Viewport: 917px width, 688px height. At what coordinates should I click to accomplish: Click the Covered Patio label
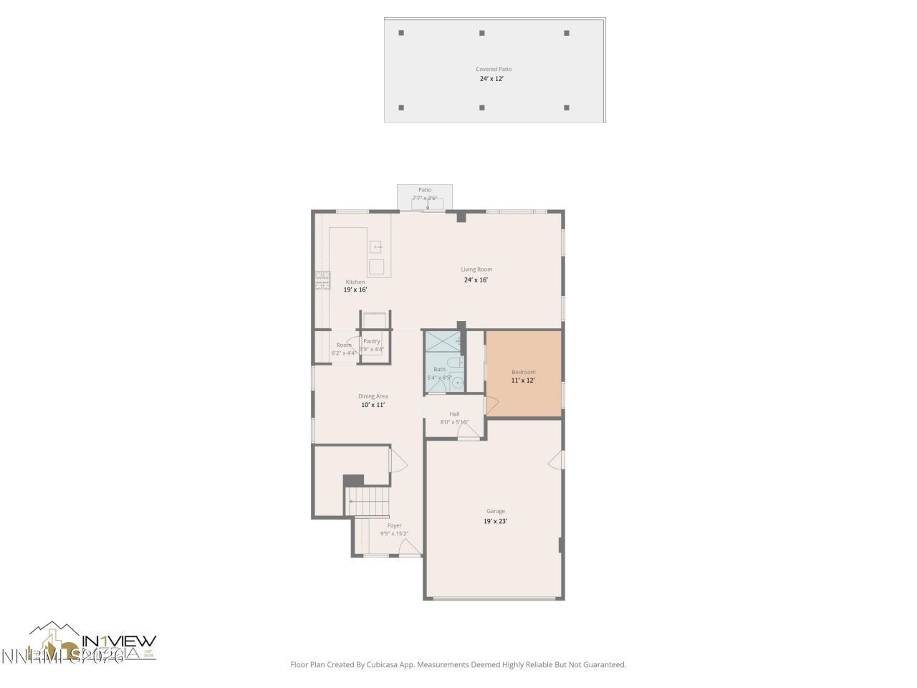[x=494, y=70]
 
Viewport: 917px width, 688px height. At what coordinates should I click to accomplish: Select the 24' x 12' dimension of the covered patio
[x=491, y=79]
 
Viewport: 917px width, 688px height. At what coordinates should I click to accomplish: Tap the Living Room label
[x=476, y=269]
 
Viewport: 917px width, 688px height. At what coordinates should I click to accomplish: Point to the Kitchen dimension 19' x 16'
[x=355, y=290]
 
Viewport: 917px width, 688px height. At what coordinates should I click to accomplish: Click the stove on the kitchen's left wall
[x=322, y=279]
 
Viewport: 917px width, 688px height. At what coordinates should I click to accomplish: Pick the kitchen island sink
[x=377, y=247]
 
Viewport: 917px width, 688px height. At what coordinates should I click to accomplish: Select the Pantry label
[x=372, y=341]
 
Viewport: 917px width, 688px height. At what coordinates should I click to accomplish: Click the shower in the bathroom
[x=444, y=341]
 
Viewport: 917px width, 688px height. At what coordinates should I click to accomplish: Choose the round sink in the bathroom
[x=456, y=383]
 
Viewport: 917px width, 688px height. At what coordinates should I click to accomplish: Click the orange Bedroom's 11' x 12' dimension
[x=523, y=381]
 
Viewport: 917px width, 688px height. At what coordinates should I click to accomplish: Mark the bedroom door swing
[x=491, y=406]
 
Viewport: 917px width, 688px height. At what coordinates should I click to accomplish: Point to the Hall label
[x=454, y=414]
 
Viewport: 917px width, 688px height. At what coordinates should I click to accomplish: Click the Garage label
[x=495, y=511]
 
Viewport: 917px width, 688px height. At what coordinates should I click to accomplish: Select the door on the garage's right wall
[x=557, y=460]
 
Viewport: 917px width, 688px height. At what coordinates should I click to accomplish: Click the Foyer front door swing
[x=409, y=548]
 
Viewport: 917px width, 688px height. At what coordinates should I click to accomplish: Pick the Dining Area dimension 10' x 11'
[x=373, y=405]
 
